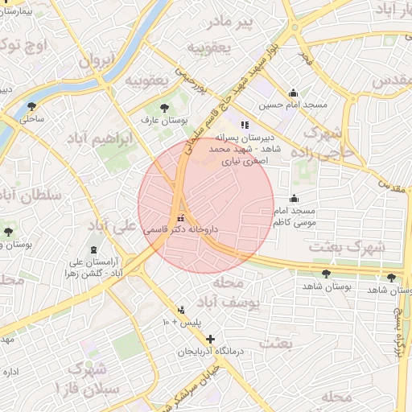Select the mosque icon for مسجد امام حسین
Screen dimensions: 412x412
293,93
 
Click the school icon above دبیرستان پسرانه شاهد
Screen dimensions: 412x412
244,125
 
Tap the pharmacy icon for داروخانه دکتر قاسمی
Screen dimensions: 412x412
181,216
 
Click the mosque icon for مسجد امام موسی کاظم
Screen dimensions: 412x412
293,199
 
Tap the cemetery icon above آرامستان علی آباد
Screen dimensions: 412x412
96,250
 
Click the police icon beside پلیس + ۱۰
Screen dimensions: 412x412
181,310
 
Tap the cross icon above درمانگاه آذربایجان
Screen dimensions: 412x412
211,340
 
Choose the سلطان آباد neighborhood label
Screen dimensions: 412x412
24,194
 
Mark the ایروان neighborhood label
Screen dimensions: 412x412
97,60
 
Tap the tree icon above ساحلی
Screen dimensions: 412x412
32,105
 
